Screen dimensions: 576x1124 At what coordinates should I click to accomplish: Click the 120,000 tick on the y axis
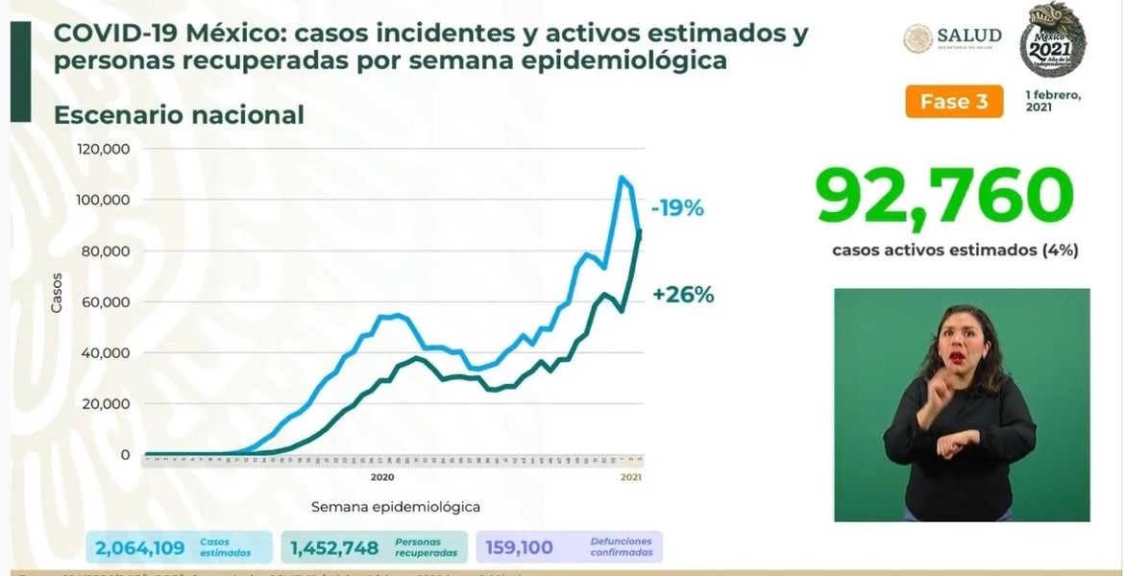tap(103, 150)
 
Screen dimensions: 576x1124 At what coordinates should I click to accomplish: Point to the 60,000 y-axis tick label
tap(107, 302)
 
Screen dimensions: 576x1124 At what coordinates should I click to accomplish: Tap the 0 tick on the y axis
tap(124, 454)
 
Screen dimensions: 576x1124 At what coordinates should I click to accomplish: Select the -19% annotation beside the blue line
tap(677, 207)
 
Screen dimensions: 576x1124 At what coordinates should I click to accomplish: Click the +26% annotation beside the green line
tap(683, 295)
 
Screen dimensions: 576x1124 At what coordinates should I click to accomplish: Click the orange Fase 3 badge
tap(953, 102)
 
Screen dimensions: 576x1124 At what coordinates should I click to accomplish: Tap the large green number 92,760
tap(943, 198)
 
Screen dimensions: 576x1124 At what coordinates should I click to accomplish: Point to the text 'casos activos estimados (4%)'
tap(955, 251)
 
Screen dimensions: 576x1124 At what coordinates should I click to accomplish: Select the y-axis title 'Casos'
tap(57, 293)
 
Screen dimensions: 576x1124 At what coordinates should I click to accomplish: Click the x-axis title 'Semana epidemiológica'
tap(395, 506)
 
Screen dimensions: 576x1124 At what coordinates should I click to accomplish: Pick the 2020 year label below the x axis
tap(381, 476)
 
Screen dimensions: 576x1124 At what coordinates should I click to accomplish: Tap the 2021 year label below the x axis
tap(630, 476)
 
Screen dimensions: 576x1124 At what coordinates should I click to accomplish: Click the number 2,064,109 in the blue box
tap(141, 548)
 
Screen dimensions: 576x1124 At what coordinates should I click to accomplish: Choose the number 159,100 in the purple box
tap(520, 548)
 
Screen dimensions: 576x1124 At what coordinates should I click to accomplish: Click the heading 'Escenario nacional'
tap(179, 115)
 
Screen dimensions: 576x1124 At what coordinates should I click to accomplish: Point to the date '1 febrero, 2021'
tap(1053, 101)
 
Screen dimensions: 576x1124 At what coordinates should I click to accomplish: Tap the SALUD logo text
tap(969, 36)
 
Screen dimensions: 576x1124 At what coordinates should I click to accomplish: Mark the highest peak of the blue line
tap(622, 178)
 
